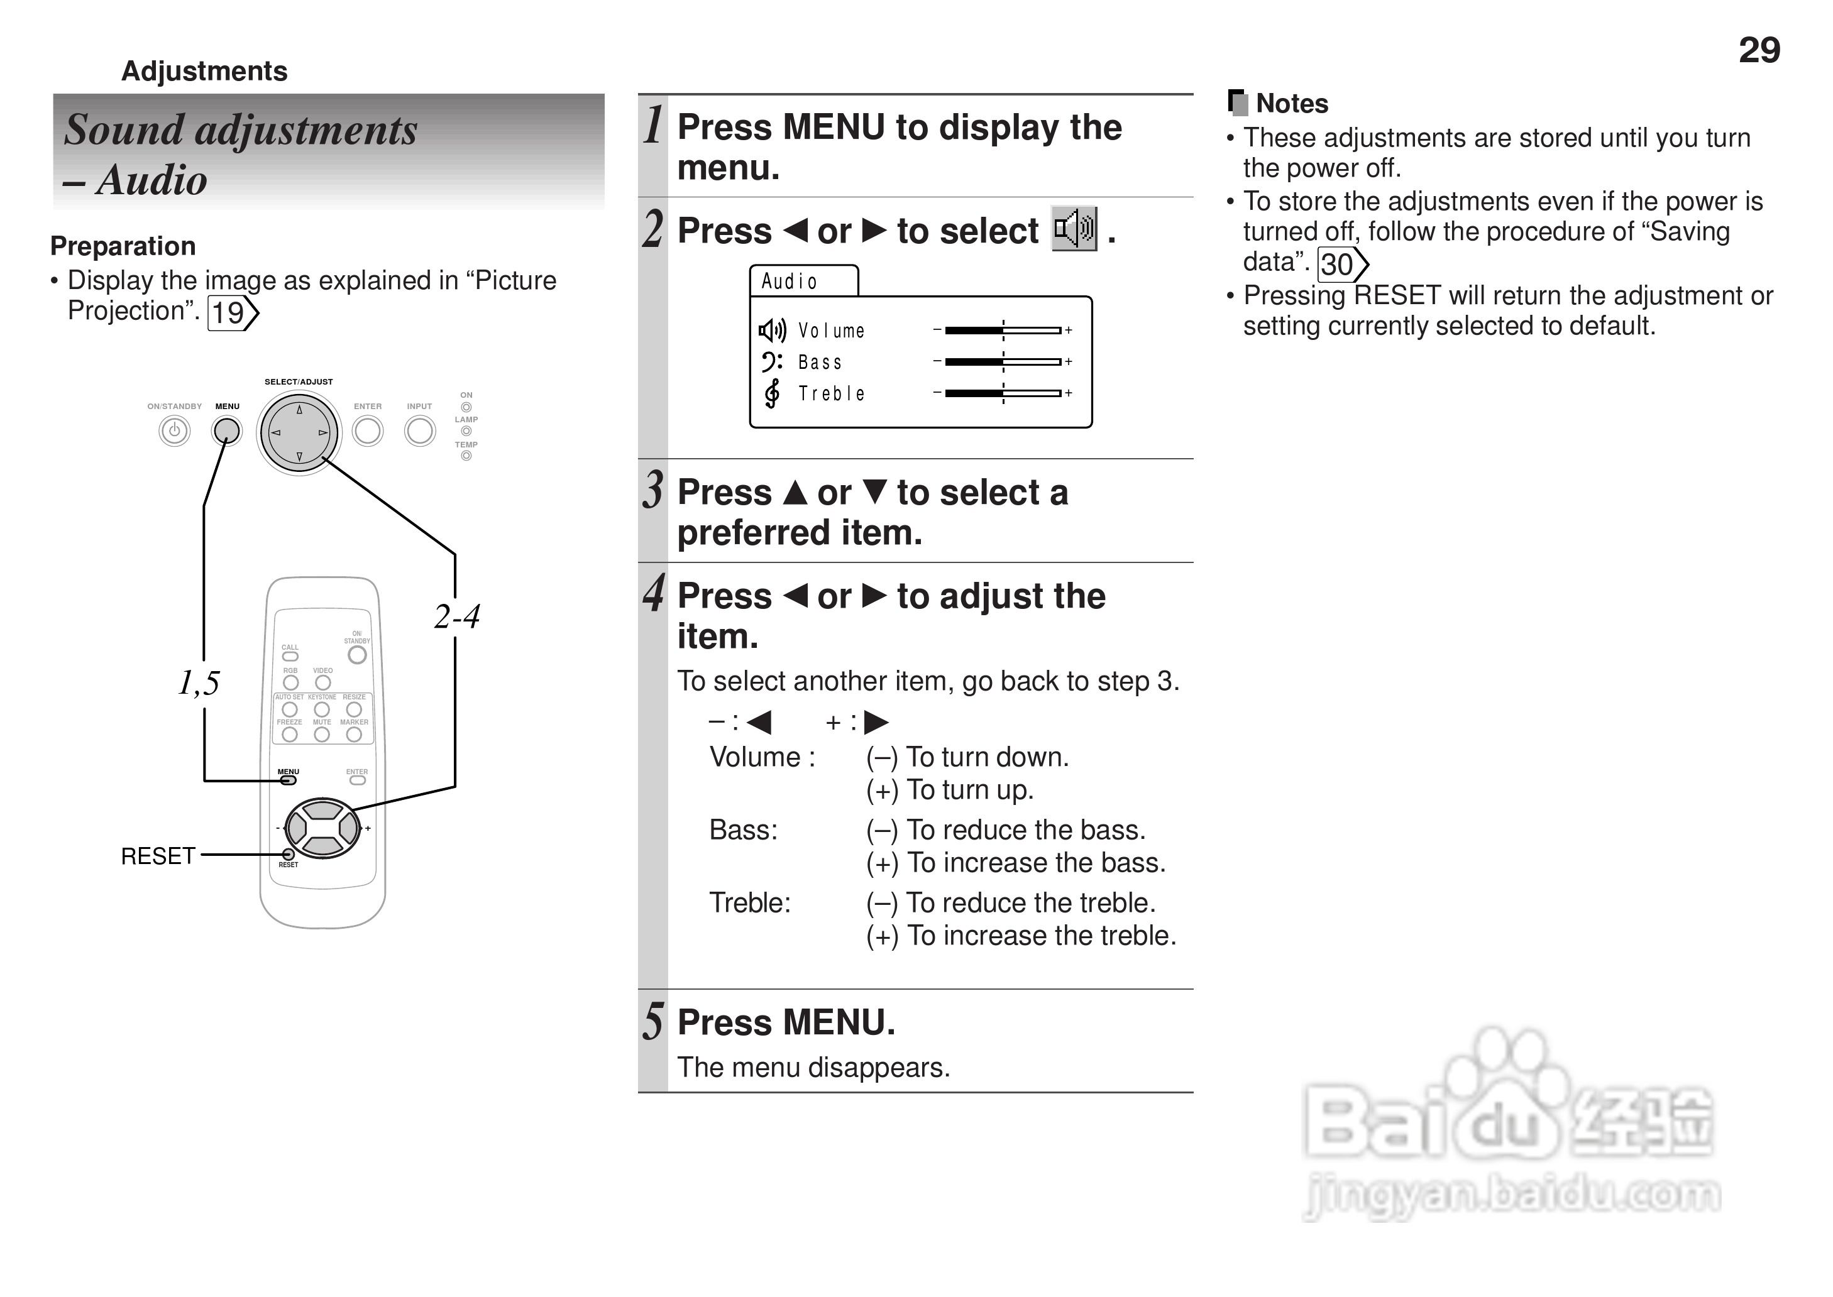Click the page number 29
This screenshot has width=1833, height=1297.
tap(1759, 50)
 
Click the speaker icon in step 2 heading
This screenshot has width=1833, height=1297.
tap(1074, 229)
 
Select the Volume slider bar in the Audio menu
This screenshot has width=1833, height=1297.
tap(1003, 330)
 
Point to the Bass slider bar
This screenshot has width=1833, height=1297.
tap(1003, 362)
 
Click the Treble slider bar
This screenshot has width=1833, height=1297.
tap(1003, 393)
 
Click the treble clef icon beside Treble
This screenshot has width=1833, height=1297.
tap(771, 393)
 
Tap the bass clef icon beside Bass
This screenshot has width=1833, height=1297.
tap(771, 362)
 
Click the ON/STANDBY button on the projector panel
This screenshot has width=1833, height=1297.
tap(174, 431)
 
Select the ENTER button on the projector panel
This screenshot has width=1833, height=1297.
tap(367, 431)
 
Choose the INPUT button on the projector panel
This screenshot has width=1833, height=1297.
tap(419, 431)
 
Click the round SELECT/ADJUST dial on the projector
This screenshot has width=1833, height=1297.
tap(299, 433)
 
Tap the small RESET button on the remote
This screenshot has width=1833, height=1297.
tap(289, 855)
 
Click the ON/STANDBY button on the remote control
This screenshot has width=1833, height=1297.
tap(357, 655)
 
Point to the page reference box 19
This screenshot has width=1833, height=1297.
tap(231, 313)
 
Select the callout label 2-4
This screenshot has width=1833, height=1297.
tap(457, 616)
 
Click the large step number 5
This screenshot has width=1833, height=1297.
tap(653, 1022)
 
